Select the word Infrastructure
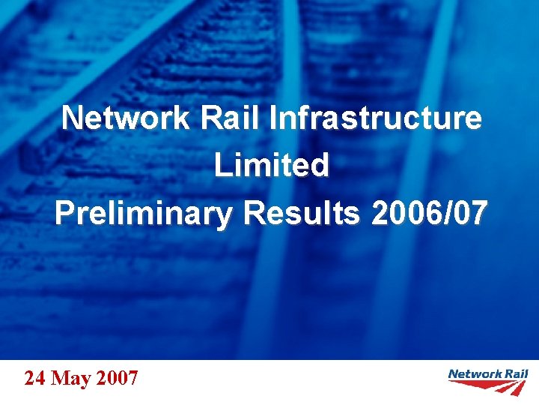point(375,118)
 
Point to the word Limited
point(271,166)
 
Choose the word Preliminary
point(144,214)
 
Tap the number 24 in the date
point(34,378)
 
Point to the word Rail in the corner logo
point(516,373)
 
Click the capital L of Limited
point(222,166)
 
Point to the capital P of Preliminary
point(64,214)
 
